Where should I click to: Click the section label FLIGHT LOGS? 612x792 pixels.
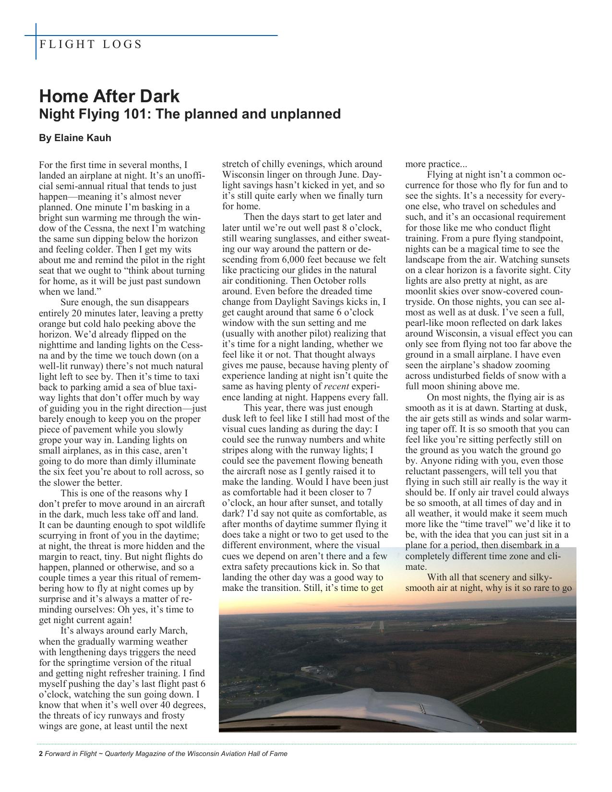click(90, 45)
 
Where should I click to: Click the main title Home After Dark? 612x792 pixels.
click(109, 96)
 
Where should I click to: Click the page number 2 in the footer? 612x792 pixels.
click(40, 754)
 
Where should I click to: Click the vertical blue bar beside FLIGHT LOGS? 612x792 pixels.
click(36, 42)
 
